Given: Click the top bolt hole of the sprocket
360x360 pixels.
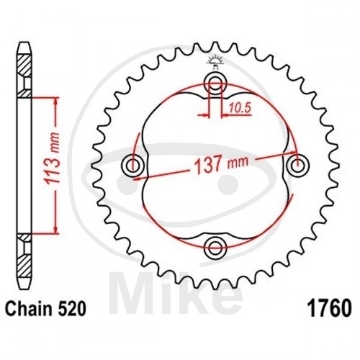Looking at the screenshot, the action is point(215,84).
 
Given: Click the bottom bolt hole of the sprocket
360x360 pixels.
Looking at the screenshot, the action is point(215,247).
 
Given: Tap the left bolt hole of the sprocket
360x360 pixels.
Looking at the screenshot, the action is point(132,165).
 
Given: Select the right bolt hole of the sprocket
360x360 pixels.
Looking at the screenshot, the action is point(298,165).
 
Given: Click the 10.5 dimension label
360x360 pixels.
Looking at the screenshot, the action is point(239,108).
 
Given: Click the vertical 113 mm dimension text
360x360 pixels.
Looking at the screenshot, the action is point(51,158).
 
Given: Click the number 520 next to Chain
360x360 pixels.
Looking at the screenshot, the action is point(73,309).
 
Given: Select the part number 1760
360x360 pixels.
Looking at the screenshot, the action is point(330,308).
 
